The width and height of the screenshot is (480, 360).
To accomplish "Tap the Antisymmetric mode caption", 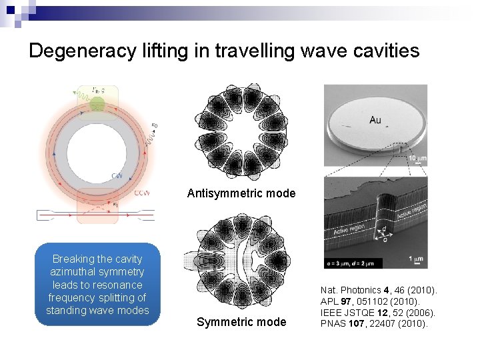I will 241,193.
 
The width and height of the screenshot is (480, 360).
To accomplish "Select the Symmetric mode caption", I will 241,323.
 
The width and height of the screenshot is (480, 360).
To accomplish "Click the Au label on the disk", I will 376,120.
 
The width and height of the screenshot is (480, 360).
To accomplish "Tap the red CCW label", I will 141,193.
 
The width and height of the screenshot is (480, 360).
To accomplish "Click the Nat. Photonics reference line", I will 378,290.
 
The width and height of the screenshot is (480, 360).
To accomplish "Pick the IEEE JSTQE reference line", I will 377,313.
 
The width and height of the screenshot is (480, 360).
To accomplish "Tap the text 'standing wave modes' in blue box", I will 97,311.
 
